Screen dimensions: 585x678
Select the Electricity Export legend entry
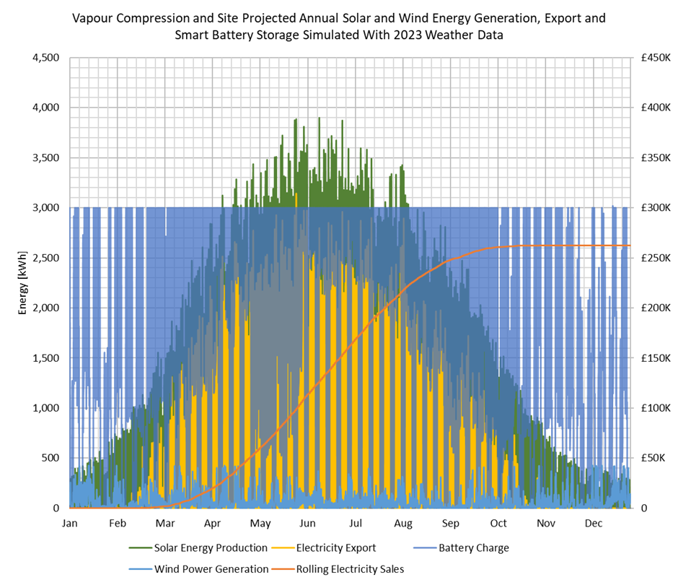pyautogui.click(x=336, y=548)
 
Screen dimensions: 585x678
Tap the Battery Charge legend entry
pyautogui.click(x=473, y=548)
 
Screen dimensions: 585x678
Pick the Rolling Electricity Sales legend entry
pyautogui.click(x=350, y=569)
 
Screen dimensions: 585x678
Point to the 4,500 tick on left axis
pyautogui.click(x=44, y=57)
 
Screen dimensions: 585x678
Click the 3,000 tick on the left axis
pyautogui.click(x=44, y=208)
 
